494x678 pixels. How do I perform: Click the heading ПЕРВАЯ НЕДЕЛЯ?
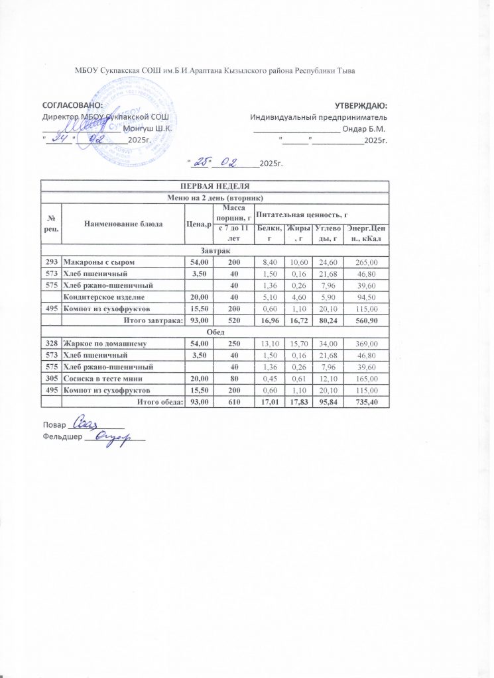(x=214, y=186)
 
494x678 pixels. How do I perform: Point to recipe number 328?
(x=52, y=344)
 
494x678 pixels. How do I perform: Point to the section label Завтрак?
(x=215, y=250)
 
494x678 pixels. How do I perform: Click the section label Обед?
(x=215, y=332)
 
